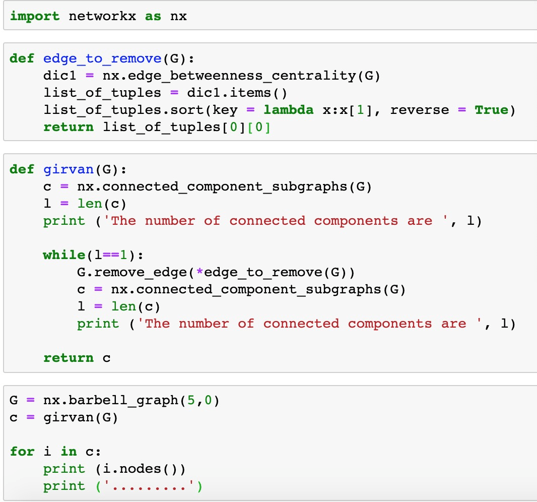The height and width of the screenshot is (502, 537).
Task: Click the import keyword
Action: (x=35, y=16)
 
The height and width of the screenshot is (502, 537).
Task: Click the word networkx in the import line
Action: (x=102, y=16)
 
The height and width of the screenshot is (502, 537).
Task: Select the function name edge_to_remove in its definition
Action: (x=102, y=58)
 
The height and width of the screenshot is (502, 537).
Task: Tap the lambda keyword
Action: (x=288, y=110)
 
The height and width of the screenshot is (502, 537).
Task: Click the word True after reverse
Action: (x=492, y=110)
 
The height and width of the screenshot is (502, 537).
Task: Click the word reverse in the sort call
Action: (x=420, y=110)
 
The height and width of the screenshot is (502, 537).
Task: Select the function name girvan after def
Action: (x=69, y=170)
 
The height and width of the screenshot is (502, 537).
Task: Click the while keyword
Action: (x=64, y=255)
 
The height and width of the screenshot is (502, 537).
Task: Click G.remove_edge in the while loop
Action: (x=132, y=272)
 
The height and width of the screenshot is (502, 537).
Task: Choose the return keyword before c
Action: (x=69, y=358)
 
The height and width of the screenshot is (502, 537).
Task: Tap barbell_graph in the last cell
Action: (x=123, y=400)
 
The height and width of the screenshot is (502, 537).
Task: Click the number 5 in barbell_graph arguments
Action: (x=191, y=400)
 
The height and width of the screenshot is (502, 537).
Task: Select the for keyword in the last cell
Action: (x=22, y=451)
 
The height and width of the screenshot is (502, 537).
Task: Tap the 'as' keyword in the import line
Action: (x=153, y=17)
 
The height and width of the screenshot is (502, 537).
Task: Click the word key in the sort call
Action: (x=225, y=110)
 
